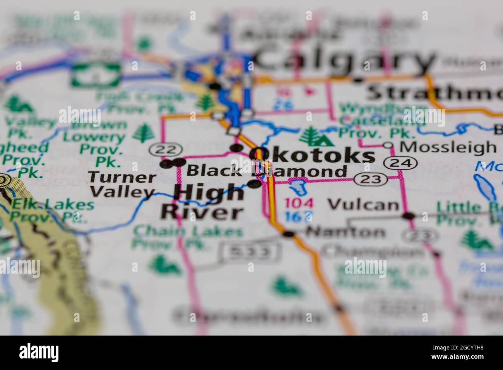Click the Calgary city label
pos(344,59)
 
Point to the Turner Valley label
pos(122,185)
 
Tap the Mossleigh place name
pos(447,147)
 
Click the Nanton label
pos(345,232)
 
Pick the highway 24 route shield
pos(401,163)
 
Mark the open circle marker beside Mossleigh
pos(388,146)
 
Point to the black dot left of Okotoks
pos(235,147)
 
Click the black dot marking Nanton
pos(288,233)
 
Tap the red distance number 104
pos(299,203)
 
